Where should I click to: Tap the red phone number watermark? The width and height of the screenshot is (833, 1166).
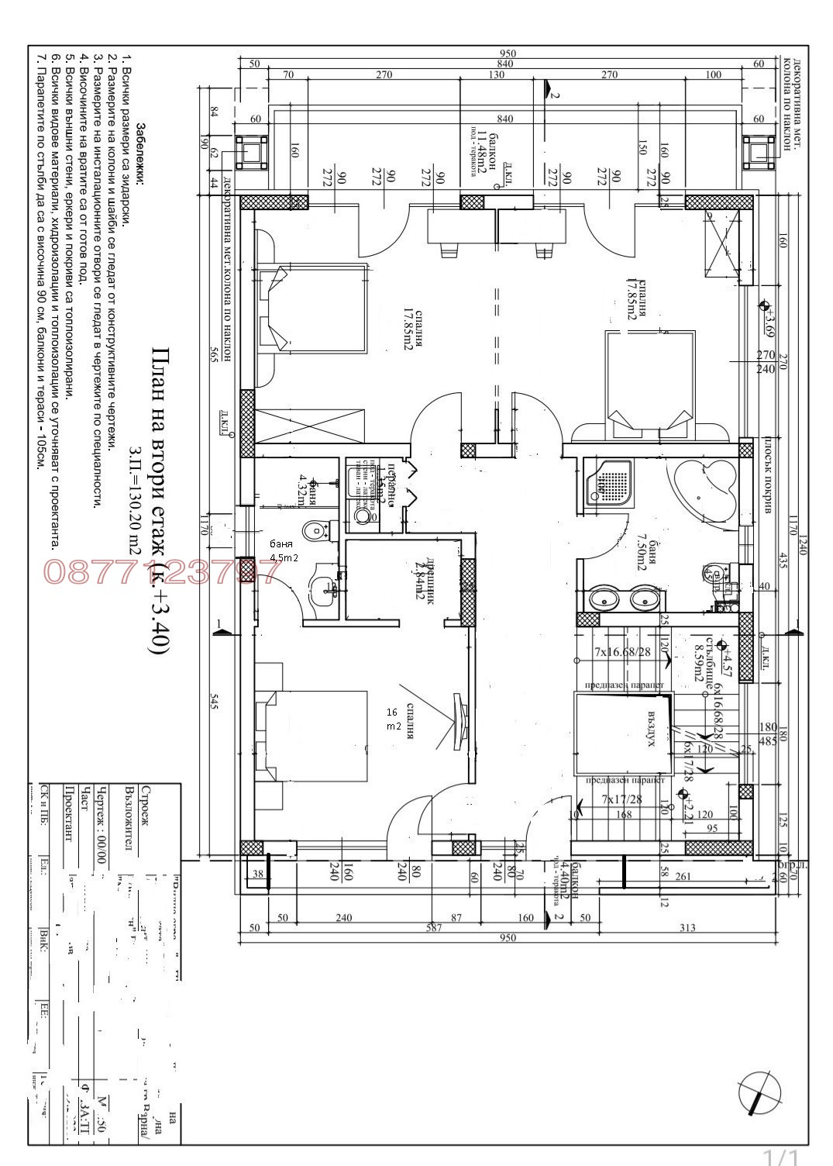click(160, 572)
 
